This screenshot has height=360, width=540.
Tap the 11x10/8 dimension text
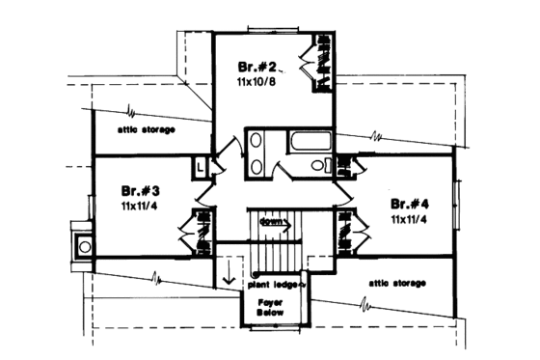coord(256,83)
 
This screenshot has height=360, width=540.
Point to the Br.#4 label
coord(411,206)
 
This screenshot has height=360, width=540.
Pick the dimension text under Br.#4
coord(411,220)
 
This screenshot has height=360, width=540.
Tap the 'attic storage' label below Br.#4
coord(397,283)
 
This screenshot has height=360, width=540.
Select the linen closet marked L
coord(200,166)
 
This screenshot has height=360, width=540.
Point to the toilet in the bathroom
coord(313,165)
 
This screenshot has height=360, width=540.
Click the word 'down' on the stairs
coord(273,223)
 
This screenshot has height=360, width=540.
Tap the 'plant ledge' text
coord(275,285)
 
